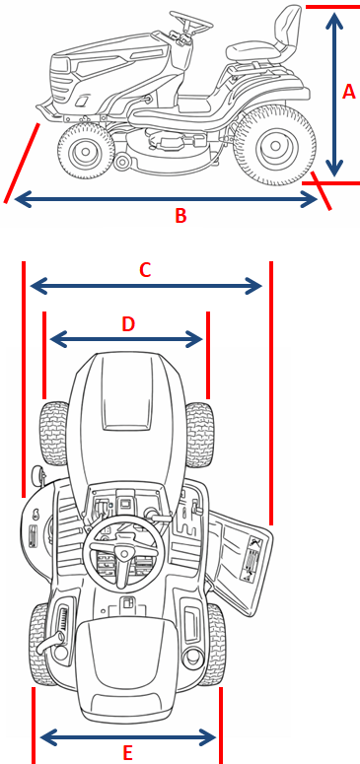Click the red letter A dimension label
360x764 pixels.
pyautogui.click(x=349, y=92)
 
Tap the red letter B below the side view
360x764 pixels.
pyautogui.click(x=180, y=215)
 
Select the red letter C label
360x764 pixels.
pyautogui.click(x=145, y=269)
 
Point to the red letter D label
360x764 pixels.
pyautogui.click(x=128, y=324)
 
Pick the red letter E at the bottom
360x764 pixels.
pyautogui.click(x=128, y=753)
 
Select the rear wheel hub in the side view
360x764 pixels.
pyautogui.click(x=275, y=145)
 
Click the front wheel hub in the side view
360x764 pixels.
pyautogui.click(x=86, y=152)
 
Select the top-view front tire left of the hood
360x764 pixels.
pyautogui.click(x=54, y=434)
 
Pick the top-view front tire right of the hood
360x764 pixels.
pyautogui.click(x=199, y=435)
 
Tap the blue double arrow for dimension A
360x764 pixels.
pyautogui.click(x=334, y=95)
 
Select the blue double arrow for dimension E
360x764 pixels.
pyautogui.click(x=128, y=736)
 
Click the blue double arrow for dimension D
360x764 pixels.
pyautogui.click(x=127, y=339)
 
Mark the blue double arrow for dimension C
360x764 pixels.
pyautogui.click(x=146, y=286)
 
